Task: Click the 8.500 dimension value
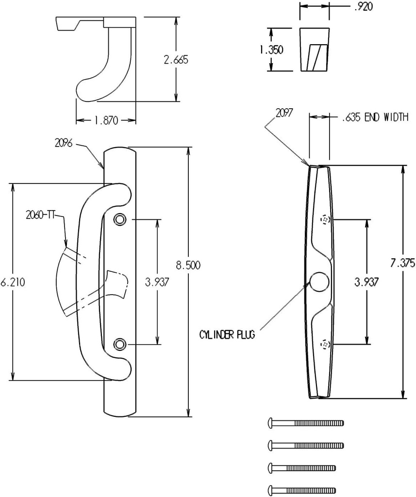[188, 265]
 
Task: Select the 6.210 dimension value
[12, 282]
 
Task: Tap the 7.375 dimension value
[402, 263]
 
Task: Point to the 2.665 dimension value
[176, 60]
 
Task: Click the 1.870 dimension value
[105, 121]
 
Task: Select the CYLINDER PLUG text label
[227, 334]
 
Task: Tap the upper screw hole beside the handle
[119, 220]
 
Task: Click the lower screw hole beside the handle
[119, 344]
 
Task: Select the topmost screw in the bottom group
[306, 423]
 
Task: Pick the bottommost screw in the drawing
[302, 489]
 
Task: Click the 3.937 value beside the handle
[157, 282]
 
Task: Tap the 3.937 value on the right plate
[366, 282]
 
